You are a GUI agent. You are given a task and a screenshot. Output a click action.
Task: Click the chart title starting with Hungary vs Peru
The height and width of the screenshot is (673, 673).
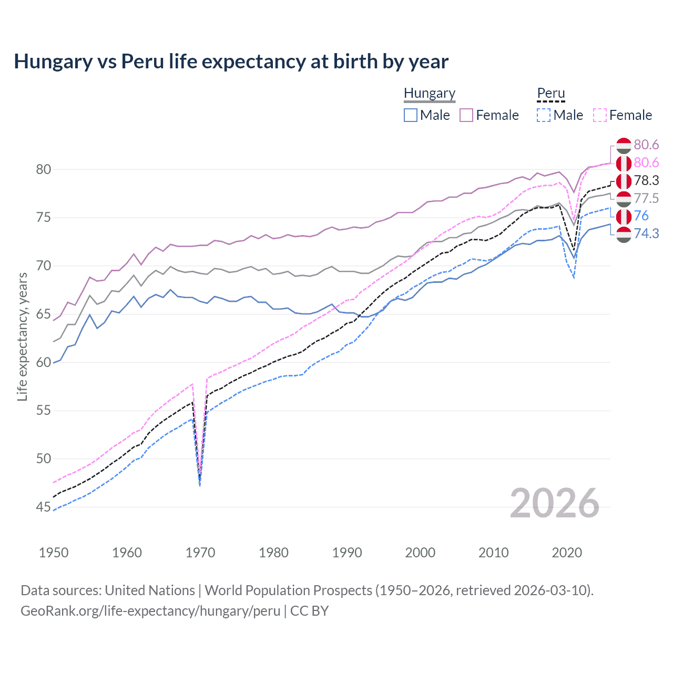click(x=231, y=62)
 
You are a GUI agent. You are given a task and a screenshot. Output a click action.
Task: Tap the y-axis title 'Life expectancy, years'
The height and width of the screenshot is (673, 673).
click(x=22, y=336)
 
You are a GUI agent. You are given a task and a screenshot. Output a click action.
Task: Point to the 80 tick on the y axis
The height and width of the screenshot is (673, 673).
click(x=44, y=169)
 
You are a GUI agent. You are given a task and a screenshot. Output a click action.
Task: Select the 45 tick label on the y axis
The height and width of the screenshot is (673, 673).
click(x=44, y=507)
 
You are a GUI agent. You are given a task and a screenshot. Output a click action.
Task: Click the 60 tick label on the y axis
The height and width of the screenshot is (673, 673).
click(x=44, y=362)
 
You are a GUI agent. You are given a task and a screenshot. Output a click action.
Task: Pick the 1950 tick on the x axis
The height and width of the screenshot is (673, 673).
click(x=54, y=553)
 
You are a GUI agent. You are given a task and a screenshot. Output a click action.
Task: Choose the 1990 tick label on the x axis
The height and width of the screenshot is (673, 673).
click(x=347, y=553)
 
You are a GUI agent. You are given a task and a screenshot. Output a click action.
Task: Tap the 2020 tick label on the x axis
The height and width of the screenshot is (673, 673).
click(x=567, y=553)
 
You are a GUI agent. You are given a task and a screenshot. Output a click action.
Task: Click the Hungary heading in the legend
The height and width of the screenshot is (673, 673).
click(x=429, y=93)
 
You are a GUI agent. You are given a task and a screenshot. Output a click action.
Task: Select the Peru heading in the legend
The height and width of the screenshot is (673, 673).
click(x=550, y=93)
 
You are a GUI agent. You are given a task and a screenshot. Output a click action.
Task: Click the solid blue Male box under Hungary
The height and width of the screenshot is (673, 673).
click(x=411, y=115)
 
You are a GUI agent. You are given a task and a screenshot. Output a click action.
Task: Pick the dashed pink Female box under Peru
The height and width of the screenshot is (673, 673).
click(x=600, y=115)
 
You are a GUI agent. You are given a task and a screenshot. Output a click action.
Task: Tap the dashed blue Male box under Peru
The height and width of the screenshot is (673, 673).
click(x=544, y=115)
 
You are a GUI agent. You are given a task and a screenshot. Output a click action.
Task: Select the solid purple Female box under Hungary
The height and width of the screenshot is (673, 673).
click(x=466, y=115)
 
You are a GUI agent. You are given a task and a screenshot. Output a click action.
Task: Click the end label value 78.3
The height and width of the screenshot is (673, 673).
click(x=646, y=180)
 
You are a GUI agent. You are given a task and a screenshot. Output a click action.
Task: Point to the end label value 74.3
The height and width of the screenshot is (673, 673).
click(x=646, y=233)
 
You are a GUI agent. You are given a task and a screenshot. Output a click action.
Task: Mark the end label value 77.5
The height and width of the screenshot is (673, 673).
click(x=646, y=198)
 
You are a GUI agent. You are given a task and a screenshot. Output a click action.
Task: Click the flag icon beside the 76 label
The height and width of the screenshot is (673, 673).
click(x=624, y=216)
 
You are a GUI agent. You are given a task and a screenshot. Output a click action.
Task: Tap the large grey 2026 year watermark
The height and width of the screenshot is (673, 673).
click(x=554, y=503)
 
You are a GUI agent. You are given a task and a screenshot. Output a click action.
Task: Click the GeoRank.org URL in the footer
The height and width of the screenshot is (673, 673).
click(x=150, y=611)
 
